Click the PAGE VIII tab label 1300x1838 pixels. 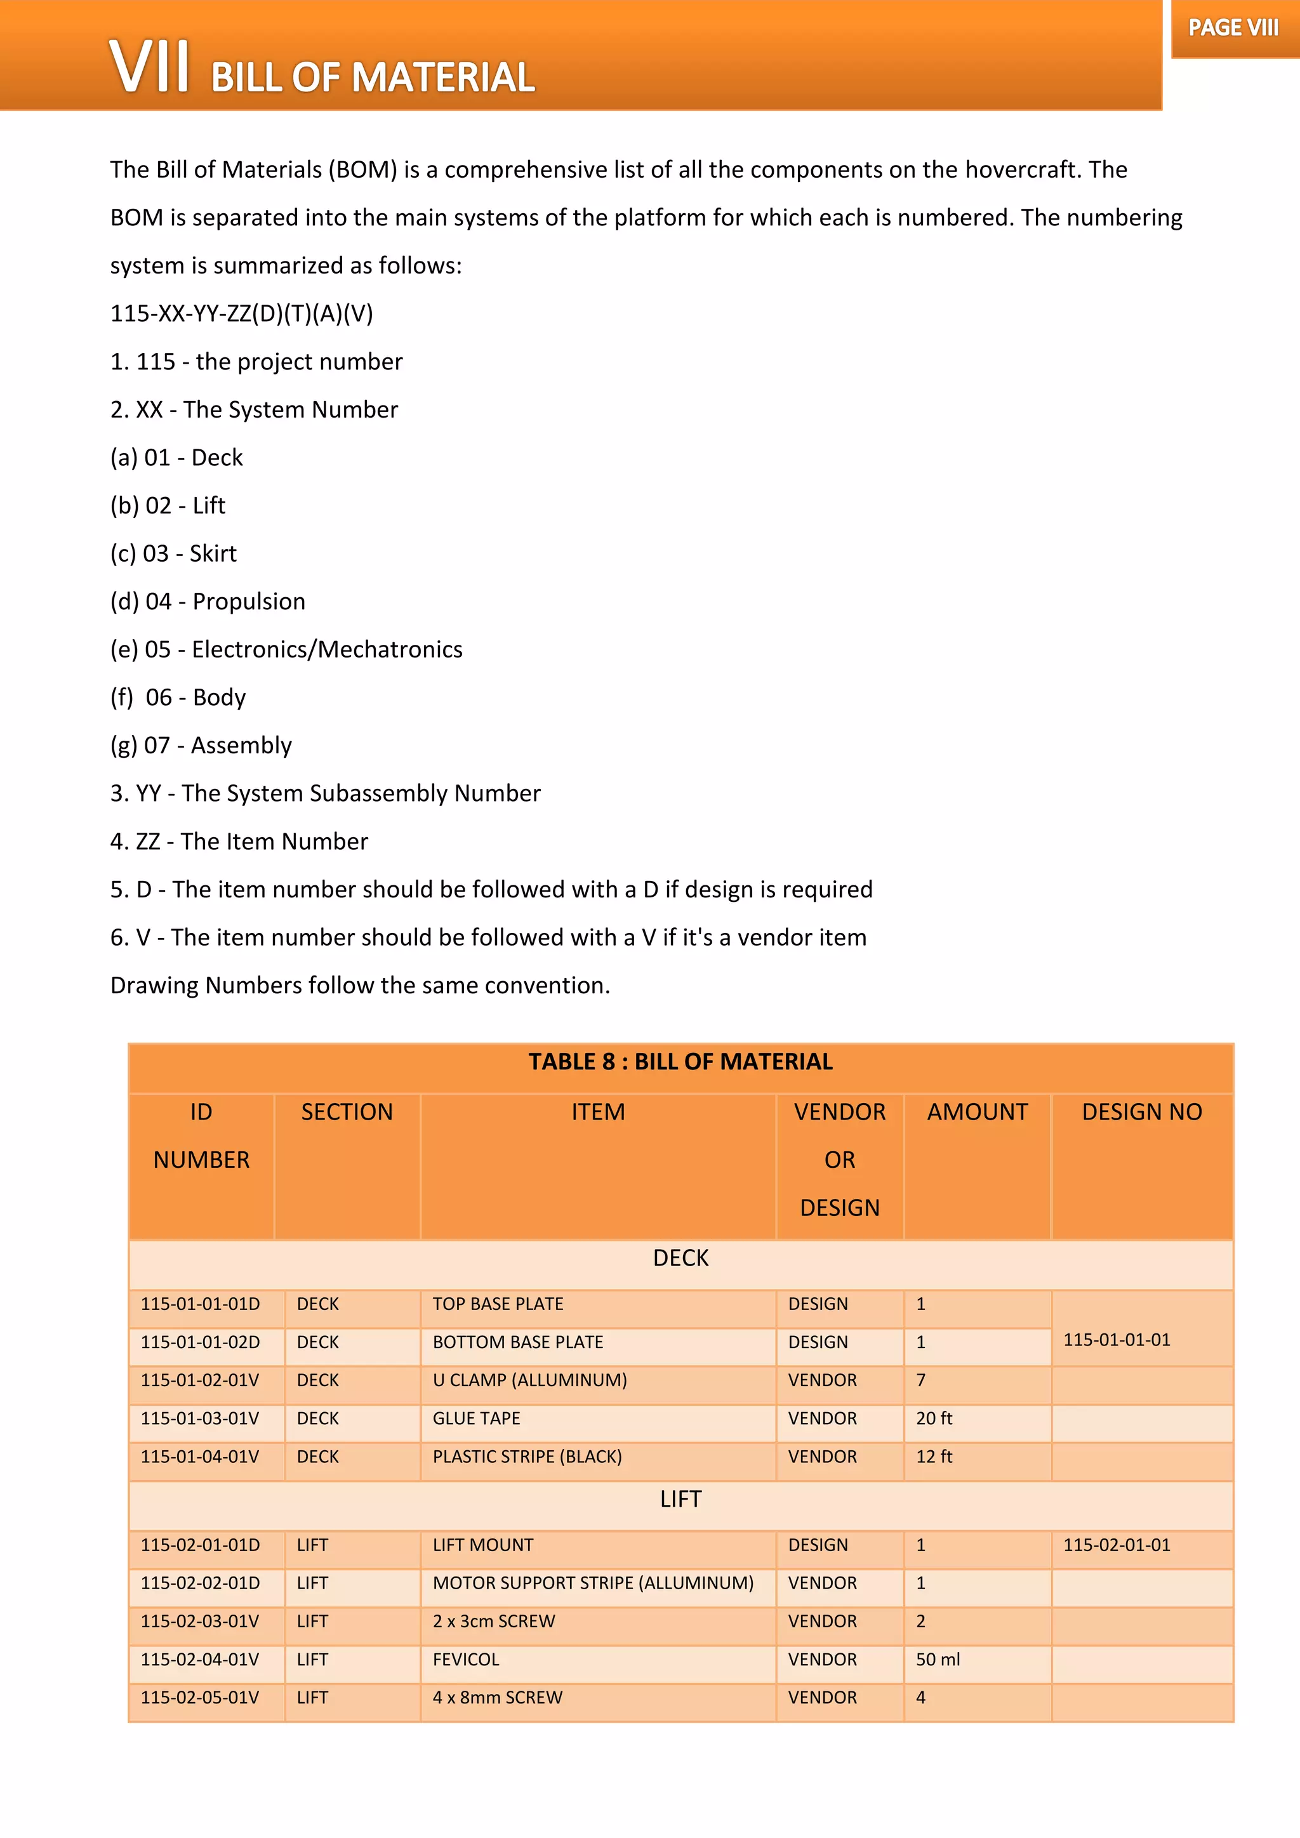[1233, 29]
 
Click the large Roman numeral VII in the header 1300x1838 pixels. [149, 67]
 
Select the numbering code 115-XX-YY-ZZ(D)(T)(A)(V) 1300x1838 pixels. [242, 313]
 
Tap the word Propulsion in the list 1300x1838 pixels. [249, 601]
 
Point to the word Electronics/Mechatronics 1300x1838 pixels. [327, 649]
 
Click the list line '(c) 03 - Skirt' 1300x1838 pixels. [174, 553]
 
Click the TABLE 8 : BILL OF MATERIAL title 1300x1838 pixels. [680, 1062]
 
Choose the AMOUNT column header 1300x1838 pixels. [977, 1112]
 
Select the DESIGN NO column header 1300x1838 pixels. [1141, 1112]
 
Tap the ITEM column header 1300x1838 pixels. [598, 1112]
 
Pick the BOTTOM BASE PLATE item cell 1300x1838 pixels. [518, 1342]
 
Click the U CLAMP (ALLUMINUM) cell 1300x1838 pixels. [530, 1380]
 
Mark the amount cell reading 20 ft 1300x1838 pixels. [934, 1418]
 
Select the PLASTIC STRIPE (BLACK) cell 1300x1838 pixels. [527, 1457]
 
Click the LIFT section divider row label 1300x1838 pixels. [680, 1499]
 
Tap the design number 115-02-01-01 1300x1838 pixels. [1117, 1545]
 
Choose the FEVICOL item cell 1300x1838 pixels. [466, 1660]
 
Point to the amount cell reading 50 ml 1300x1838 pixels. [938, 1660]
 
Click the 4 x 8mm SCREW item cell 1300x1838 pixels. [498, 1698]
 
